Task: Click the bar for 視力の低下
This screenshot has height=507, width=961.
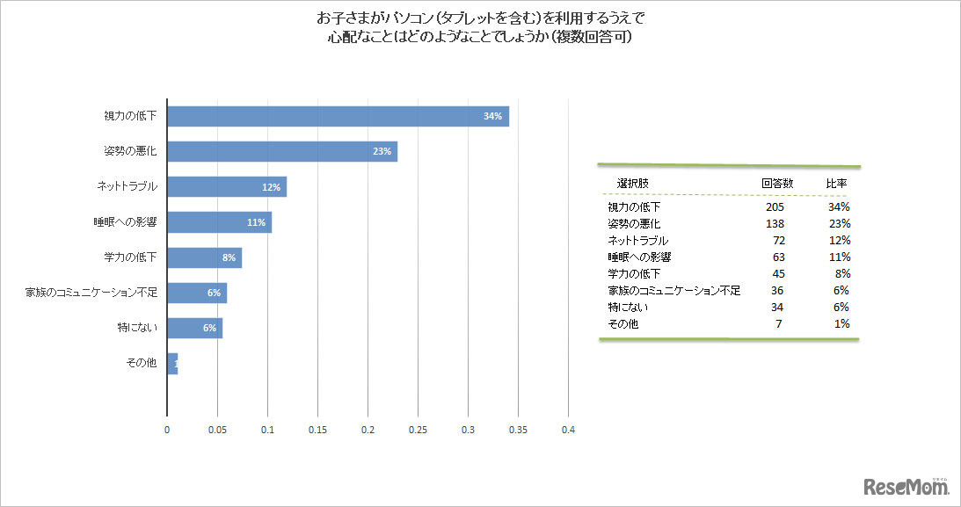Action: coord(338,116)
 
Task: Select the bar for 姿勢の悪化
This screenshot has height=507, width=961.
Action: coord(281,151)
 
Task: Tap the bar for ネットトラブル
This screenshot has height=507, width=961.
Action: coord(226,187)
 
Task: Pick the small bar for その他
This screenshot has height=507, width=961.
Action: coord(172,363)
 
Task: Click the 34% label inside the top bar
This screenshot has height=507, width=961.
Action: coord(491,117)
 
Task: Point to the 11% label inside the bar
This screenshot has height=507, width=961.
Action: coord(256,222)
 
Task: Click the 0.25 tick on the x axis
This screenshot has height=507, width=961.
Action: coord(418,431)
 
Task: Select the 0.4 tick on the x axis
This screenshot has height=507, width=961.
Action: coord(568,431)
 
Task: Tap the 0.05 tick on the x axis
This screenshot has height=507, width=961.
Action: coord(217,431)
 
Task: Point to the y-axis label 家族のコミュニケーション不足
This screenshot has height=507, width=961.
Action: coord(91,293)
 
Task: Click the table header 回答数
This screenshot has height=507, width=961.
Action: coord(777,184)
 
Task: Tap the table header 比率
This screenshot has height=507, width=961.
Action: coord(835,184)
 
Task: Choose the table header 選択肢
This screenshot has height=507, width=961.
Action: coord(633,184)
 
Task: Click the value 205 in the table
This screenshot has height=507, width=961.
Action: coord(775,206)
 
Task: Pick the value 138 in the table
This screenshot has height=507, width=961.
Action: coord(775,223)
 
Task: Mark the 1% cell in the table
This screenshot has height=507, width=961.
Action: coord(841,324)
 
